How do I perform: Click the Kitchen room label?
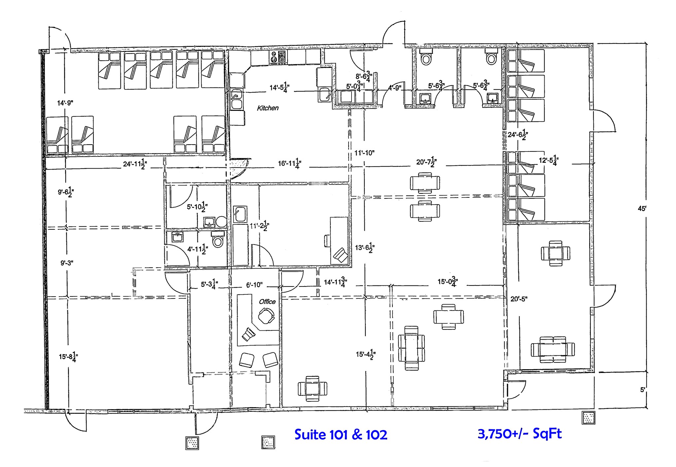268,108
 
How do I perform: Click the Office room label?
267,301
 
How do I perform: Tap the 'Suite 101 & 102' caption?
340,435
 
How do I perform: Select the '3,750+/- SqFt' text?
519,434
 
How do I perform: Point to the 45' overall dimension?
641,209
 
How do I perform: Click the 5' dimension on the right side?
642,389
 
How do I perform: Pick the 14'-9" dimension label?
65,103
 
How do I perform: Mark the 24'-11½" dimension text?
135,163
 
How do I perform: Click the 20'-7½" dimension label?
426,162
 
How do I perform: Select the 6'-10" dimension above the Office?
254,284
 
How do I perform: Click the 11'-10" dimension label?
364,153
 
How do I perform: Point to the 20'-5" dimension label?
519,299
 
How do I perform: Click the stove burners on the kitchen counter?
274,57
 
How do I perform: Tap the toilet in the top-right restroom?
491,58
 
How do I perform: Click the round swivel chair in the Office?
266,316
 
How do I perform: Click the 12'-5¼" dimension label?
548,160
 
